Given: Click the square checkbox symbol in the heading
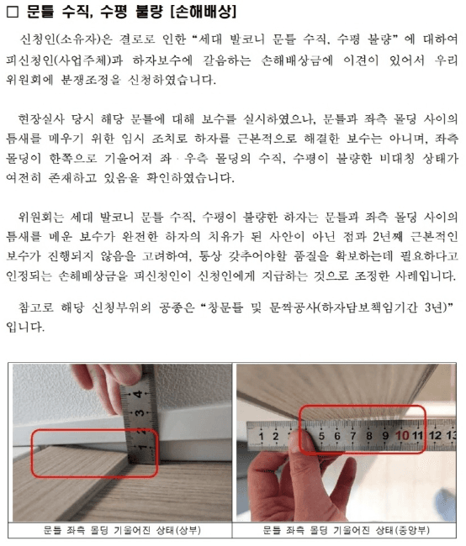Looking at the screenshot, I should point(12,13).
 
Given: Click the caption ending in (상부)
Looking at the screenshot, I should point(119,531).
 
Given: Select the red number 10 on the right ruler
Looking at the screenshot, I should point(401,435).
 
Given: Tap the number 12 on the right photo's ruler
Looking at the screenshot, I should point(435,435).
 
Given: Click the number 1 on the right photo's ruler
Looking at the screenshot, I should point(264,437).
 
